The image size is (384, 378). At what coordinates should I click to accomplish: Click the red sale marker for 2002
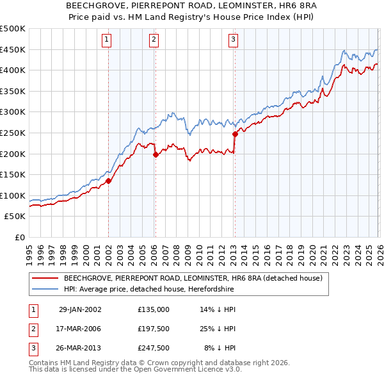click(109, 181)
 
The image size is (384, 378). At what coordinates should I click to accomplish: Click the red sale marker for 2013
click(235, 134)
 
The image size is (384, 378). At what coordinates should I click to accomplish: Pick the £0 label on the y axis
click(19, 237)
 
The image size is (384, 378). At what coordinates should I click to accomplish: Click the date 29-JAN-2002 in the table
click(79, 309)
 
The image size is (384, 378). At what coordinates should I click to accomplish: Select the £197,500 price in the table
click(153, 329)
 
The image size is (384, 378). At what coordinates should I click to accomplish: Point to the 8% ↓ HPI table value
click(220, 348)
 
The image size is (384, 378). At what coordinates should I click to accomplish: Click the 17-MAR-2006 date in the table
click(79, 329)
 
